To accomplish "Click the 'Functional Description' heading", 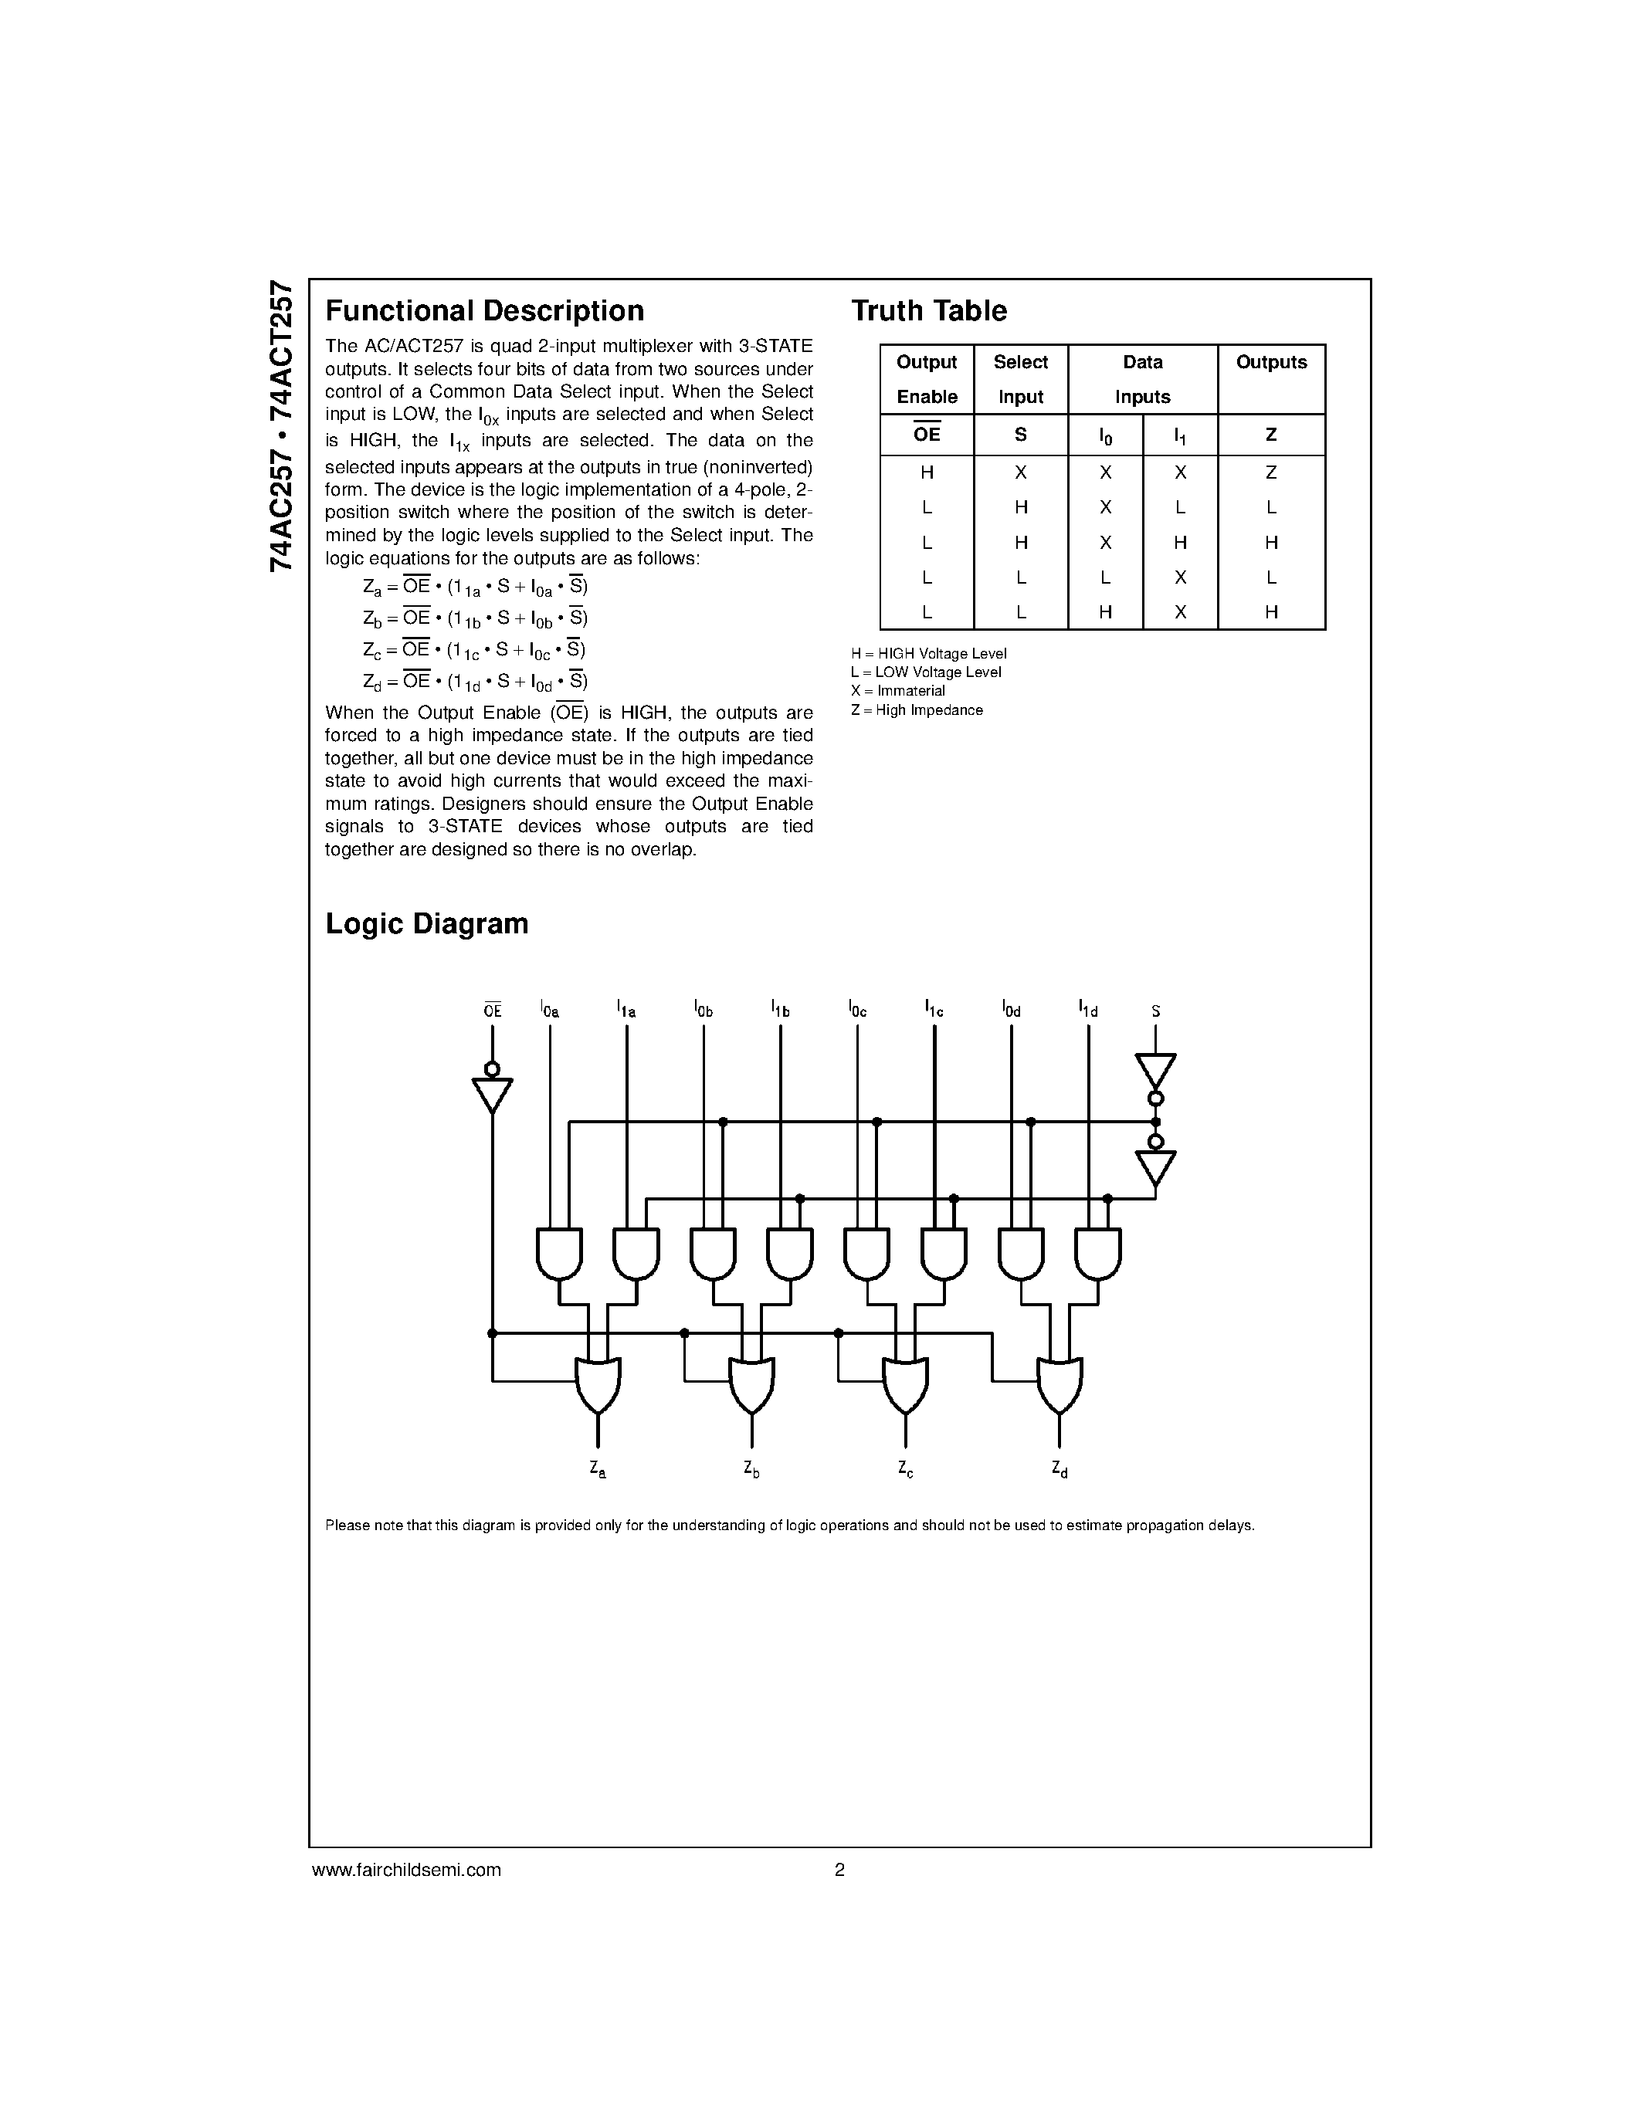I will (x=484, y=311).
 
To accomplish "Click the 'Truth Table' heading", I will (x=928, y=311).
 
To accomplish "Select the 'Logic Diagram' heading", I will (x=427, y=923).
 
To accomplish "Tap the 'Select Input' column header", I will (x=1020, y=379).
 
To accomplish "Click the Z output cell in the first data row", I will (x=1270, y=473).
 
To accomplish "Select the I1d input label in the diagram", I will (x=1088, y=1010).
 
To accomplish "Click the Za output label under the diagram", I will (x=598, y=1470).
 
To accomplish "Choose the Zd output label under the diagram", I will (x=1060, y=1470).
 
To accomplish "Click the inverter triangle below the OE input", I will (x=492, y=1095).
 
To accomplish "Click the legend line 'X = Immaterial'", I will (x=897, y=691).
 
